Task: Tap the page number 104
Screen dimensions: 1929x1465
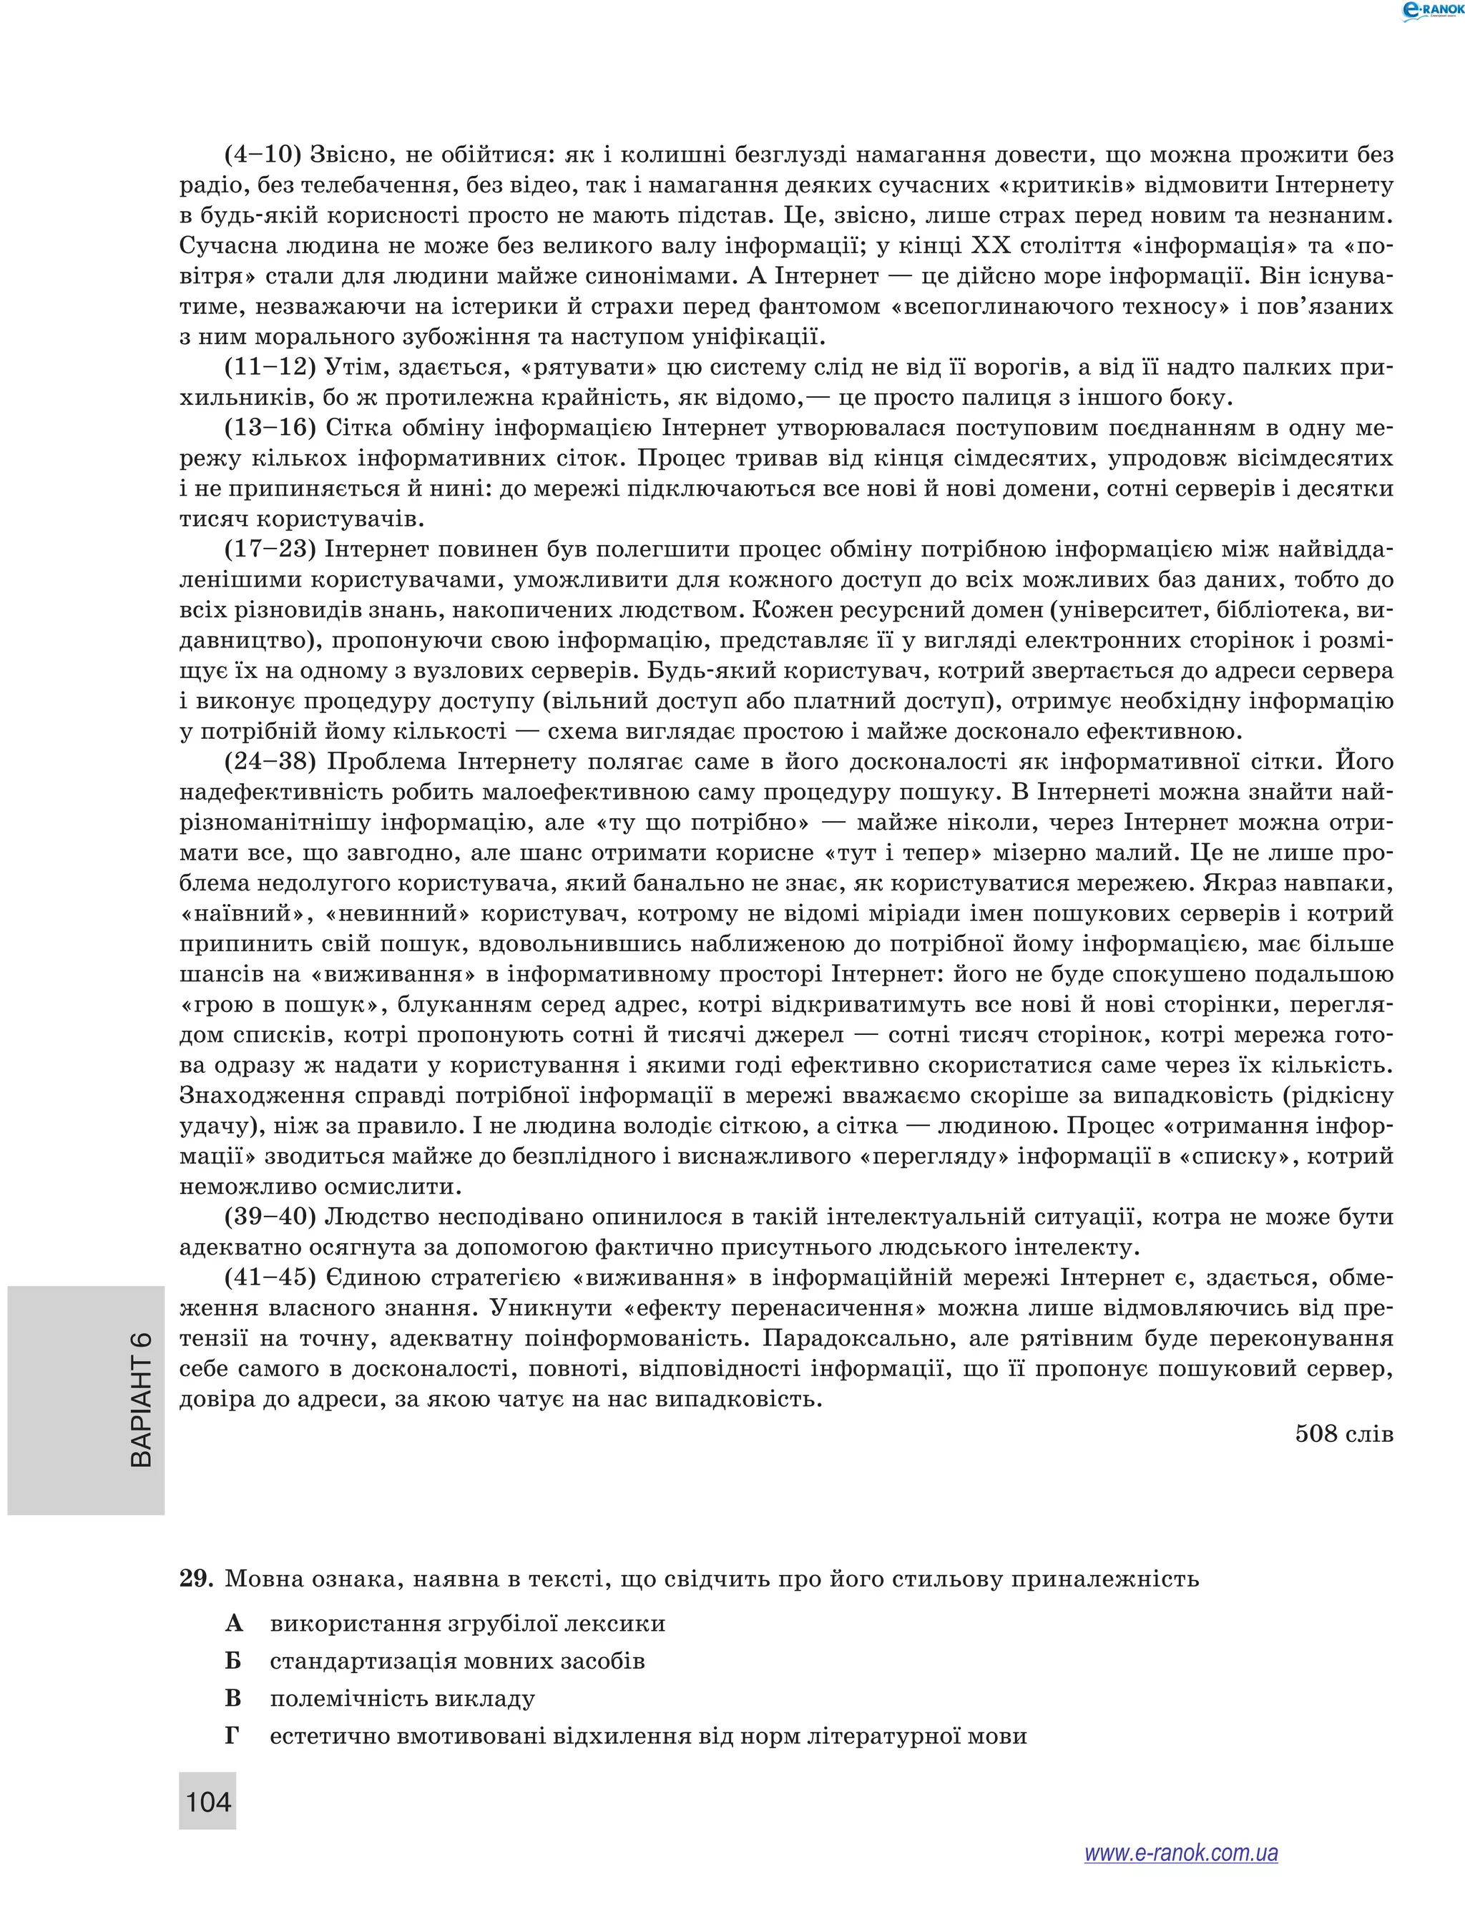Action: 208,1801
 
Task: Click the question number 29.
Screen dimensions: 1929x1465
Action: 196,1579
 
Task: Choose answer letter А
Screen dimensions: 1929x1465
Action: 232,1624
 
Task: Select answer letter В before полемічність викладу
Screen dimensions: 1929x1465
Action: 232,1699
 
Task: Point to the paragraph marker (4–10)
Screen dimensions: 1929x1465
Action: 263,155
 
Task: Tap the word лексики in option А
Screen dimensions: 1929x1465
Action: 618,1624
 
